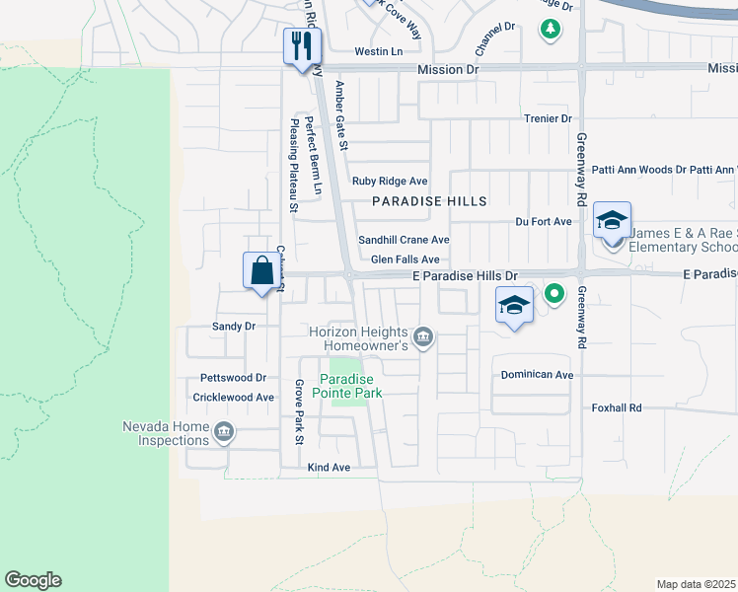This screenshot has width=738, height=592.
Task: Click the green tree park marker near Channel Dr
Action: click(x=550, y=29)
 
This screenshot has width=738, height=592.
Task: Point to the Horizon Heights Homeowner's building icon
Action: click(x=423, y=337)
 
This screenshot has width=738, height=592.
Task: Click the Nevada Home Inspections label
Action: click(x=166, y=433)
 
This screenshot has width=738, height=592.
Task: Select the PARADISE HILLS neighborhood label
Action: click(x=429, y=201)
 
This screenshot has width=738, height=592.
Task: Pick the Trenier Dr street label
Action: click(x=548, y=118)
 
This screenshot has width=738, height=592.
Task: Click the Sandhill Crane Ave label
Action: click(x=404, y=240)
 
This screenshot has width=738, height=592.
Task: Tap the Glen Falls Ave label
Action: click(x=405, y=259)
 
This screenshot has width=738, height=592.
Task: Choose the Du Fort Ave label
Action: click(x=543, y=222)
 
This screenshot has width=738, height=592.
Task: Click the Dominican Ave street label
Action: click(x=537, y=375)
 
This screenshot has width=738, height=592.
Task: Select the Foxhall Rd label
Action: click(x=617, y=407)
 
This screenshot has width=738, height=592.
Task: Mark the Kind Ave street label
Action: click(x=329, y=467)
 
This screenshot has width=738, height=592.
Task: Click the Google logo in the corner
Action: click(x=33, y=580)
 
